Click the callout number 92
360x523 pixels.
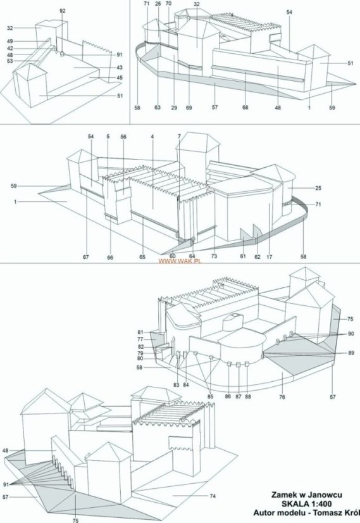pos(63,11)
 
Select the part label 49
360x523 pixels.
pos(10,41)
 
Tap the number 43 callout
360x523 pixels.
pos(120,68)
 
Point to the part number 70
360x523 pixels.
pos(168,4)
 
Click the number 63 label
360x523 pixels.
pos(158,108)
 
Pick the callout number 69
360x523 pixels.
pos(189,108)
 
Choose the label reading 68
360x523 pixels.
pos(245,108)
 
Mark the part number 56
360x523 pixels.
pos(123,137)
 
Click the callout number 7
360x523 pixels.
pos(179,137)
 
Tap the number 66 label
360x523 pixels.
pos(110,258)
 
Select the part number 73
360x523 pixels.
pos(214,256)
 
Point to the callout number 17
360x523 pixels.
pos(270,257)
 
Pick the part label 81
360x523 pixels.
pos(140,332)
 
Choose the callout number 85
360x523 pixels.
pos(209,396)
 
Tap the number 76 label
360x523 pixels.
pos(282,397)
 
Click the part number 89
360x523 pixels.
pos(351,353)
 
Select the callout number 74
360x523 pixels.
pos(213,496)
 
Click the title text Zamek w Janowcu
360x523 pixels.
pos(307,495)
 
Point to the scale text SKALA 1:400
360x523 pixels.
pos(307,504)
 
